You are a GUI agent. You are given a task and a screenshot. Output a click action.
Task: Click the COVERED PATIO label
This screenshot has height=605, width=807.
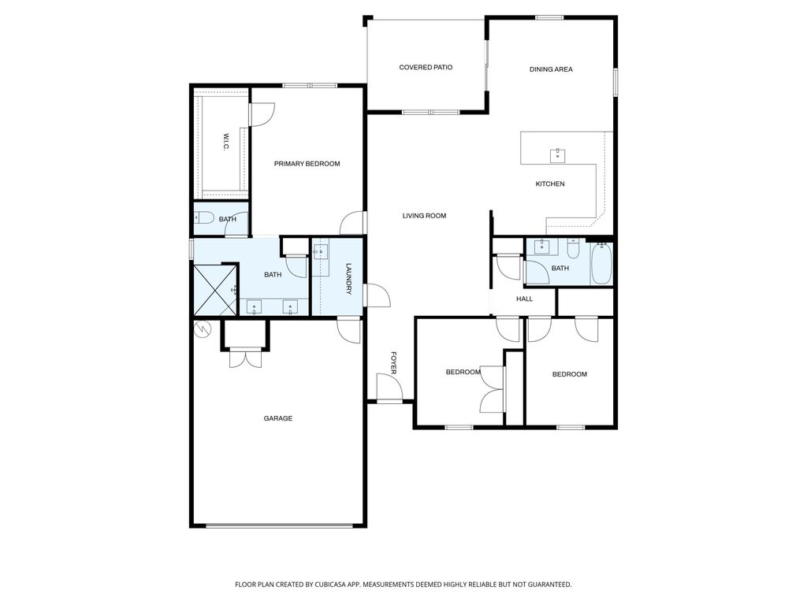pyautogui.click(x=426, y=68)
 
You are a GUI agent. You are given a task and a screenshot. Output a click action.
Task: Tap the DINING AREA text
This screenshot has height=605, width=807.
pyautogui.click(x=551, y=69)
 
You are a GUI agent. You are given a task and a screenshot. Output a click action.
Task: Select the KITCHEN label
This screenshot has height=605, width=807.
pyautogui.click(x=550, y=184)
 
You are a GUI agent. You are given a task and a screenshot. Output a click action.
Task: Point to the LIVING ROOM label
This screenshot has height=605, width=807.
pyautogui.click(x=424, y=216)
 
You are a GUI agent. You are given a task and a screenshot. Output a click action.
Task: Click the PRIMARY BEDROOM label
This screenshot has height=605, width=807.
pyautogui.click(x=307, y=164)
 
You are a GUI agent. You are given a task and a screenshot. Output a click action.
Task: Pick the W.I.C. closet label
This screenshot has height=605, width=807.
pyautogui.click(x=225, y=143)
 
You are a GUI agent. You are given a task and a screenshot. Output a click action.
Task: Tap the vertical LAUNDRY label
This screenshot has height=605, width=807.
pyautogui.click(x=348, y=279)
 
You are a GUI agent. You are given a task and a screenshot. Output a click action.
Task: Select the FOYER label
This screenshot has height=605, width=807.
pyautogui.click(x=394, y=362)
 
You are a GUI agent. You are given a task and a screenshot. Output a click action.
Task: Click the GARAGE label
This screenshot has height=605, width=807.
pyautogui.click(x=277, y=418)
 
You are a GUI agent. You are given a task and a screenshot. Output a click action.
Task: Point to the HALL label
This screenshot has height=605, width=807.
pyautogui.click(x=524, y=299)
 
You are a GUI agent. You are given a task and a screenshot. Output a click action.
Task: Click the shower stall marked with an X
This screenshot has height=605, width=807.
pyautogui.click(x=215, y=290)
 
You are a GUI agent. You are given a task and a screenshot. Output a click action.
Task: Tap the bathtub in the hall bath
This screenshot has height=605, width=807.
pyautogui.click(x=601, y=265)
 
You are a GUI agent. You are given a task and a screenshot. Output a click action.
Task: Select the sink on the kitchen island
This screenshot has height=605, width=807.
pyautogui.click(x=558, y=153)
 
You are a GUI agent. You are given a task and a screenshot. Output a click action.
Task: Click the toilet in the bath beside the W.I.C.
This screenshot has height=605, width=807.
pyautogui.click(x=203, y=219)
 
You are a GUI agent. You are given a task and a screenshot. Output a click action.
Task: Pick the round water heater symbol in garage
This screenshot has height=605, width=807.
pyautogui.click(x=203, y=328)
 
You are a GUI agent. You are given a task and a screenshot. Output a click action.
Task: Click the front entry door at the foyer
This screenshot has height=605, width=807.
pyautogui.click(x=389, y=388)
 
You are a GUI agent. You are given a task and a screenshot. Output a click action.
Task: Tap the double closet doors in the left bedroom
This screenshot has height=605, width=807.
pyautogui.click(x=493, y=388)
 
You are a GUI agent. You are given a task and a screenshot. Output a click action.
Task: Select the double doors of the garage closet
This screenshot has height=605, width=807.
pyautogui.click(x=245, y=358)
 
